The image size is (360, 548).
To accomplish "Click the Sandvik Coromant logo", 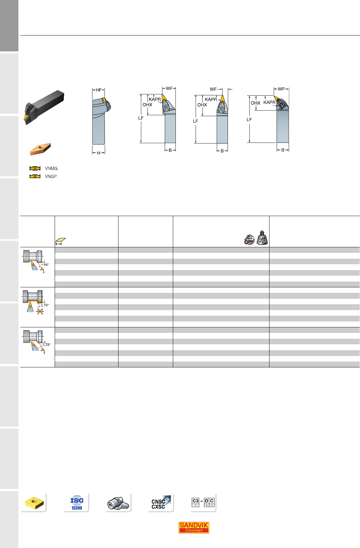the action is pyautogui.click(x=194, y=527).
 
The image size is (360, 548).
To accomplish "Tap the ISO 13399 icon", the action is pyautogui.click(x=77, y=502).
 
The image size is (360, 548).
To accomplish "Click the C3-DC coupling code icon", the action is pyautogui.click(x=203, y=502).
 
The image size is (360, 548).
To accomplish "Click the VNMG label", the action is pyautogui.click(x=51, y=168).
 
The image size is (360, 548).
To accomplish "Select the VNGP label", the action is pyautogui.click(x=51, y=176).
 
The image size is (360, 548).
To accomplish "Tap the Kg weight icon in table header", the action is pyautogui.click(x=262, y=238).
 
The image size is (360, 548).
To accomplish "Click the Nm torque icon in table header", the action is pyautogui.click(x=249, y=240).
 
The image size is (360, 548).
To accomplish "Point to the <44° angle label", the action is pyautogui.click(x=45, y=265).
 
